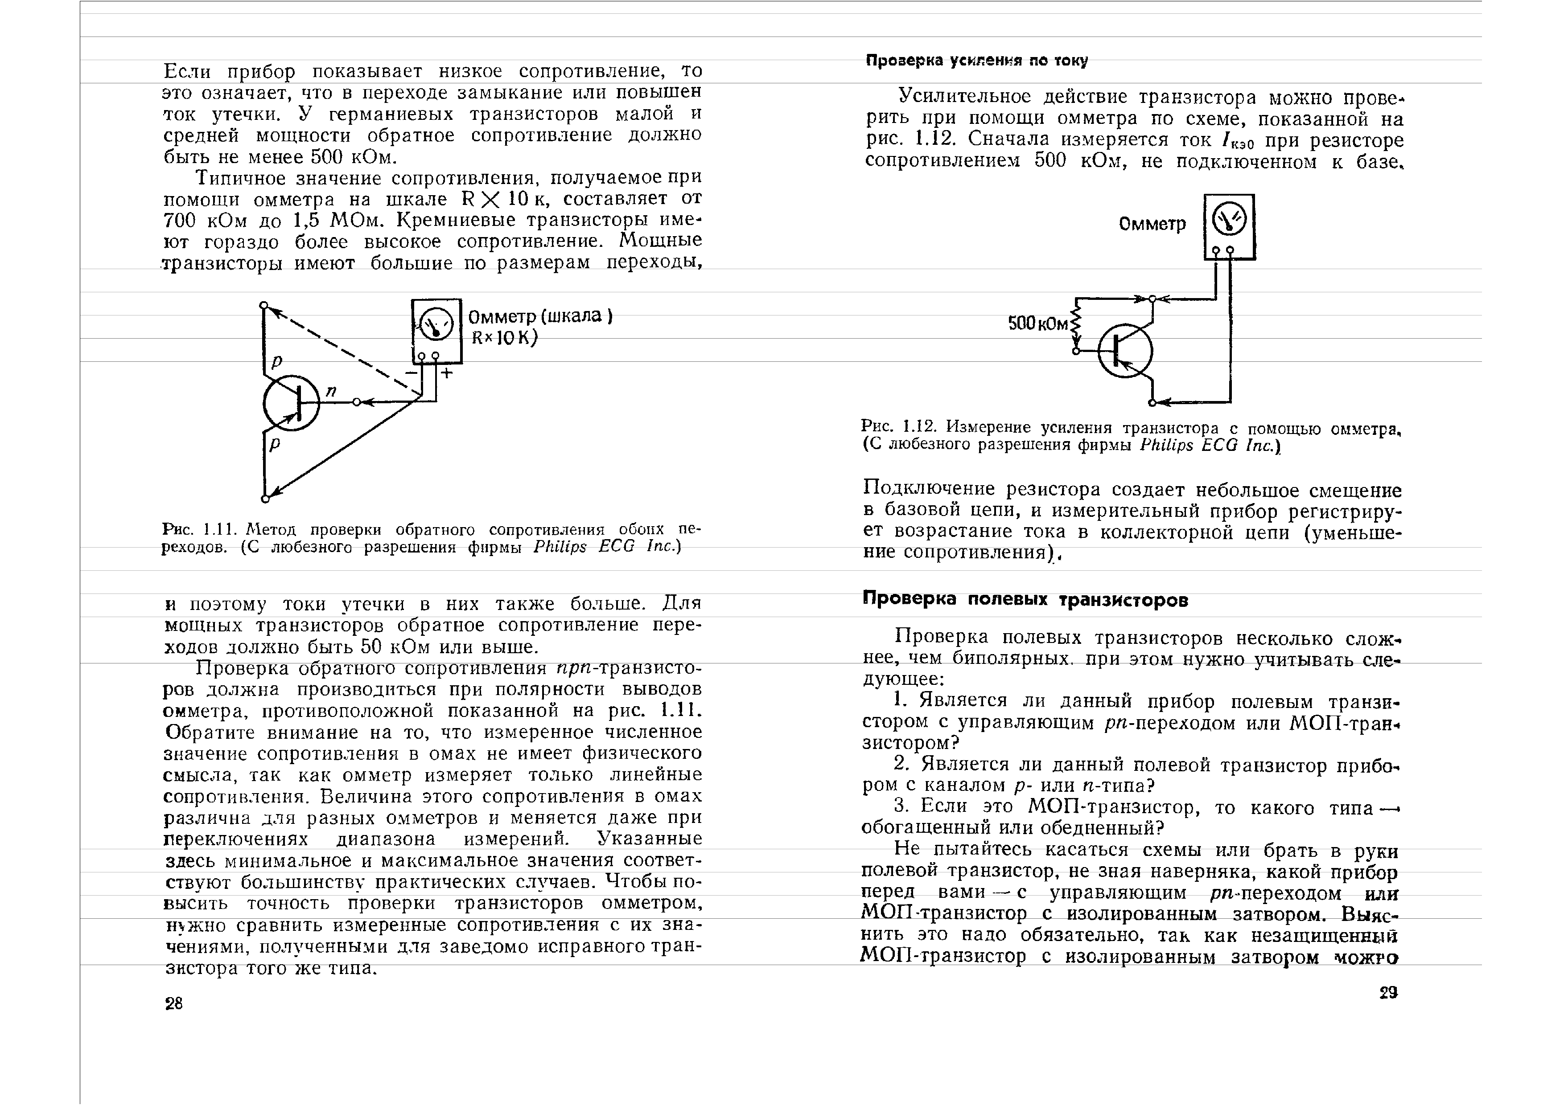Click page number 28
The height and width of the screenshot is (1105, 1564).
point(174,1003)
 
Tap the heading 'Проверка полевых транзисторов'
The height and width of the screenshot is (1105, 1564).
point(1025,600)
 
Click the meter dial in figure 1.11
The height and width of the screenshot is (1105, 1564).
point(436,325)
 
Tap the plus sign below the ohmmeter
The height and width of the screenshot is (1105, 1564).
point(447,373)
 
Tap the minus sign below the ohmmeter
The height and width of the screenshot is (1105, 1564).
point(412,373)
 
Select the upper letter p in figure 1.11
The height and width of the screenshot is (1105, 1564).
point(276,361)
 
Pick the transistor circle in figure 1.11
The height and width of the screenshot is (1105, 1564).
point(292,403)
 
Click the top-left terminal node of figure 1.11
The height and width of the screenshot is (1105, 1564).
point(264,305)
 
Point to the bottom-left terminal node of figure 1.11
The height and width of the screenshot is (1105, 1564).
point(265,499)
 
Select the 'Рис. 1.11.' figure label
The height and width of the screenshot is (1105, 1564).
point(200,529)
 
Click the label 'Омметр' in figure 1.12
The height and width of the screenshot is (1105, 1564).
point(1152,224)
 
